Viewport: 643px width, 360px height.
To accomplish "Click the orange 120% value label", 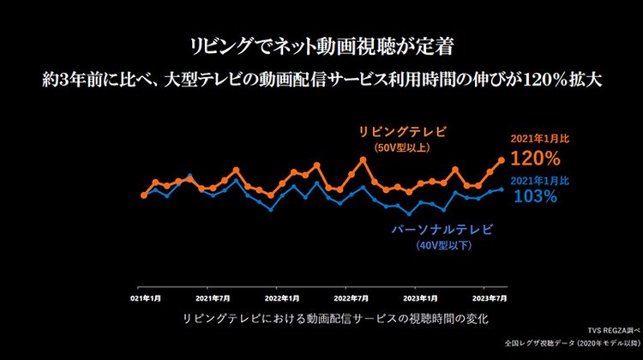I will click(x=535, y=159).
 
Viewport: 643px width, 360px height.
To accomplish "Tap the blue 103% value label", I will click(x=536, y=196).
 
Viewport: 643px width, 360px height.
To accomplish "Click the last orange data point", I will click(x=502, y=160).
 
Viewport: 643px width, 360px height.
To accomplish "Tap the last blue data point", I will click(x=502, y=189).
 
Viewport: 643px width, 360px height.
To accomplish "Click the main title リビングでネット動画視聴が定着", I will click(x=321, y=44).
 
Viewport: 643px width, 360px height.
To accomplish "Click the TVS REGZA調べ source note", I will click(x=609, y=330).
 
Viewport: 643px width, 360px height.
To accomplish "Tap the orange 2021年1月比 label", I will click(x=534, y=138).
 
